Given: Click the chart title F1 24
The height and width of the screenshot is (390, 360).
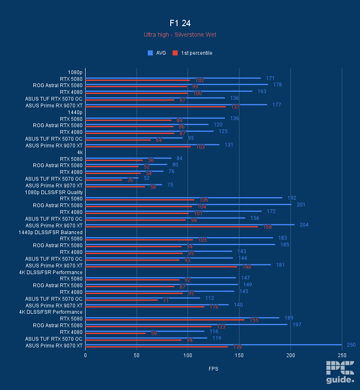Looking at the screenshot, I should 180,23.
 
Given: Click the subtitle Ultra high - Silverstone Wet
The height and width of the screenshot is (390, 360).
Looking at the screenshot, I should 180,35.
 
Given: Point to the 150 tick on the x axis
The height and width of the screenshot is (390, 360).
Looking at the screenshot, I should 239,355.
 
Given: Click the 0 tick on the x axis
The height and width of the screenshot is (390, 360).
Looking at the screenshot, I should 86,355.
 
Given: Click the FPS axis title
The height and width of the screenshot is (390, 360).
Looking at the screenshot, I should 213,369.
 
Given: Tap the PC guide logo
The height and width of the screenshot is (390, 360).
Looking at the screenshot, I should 340,372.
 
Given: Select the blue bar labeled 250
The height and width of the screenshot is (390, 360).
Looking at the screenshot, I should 213,345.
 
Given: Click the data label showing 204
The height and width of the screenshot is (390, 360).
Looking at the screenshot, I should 304,225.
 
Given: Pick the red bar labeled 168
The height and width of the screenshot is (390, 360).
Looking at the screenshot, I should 172,227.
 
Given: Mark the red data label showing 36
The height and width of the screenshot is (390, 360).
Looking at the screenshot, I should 130,180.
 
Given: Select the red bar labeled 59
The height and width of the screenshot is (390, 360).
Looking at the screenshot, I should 116,333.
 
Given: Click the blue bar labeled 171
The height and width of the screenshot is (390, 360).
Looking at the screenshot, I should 173,78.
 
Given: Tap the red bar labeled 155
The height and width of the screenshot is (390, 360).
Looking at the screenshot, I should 165,320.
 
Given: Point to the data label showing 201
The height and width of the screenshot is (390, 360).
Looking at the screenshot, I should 301,205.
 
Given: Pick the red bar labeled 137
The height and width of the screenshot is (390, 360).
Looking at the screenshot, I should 156,107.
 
